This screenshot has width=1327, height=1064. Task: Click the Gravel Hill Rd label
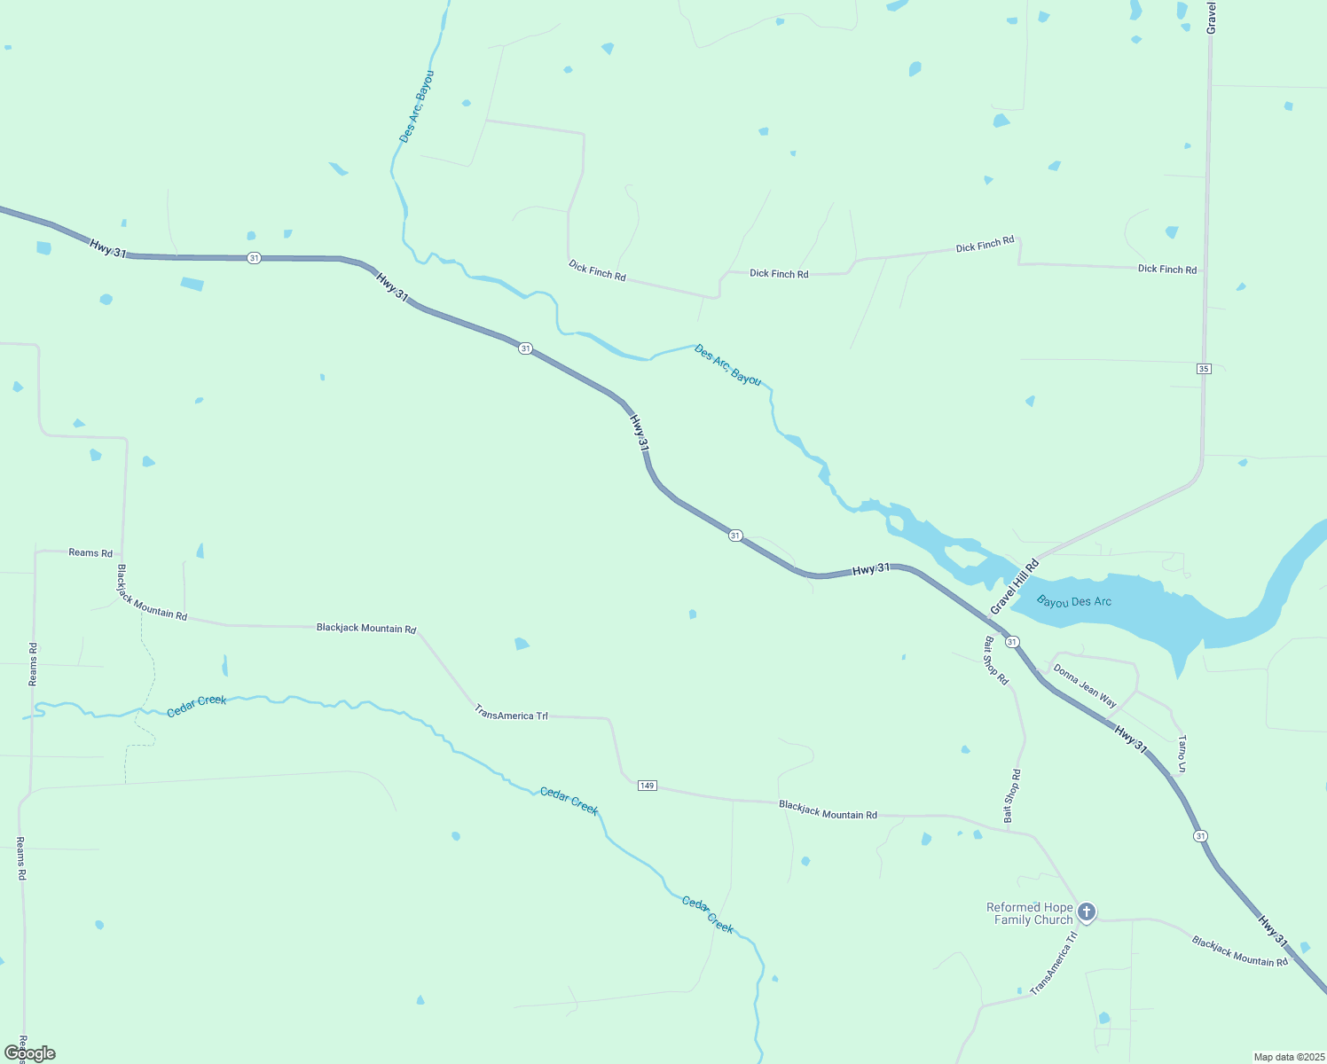point(1014,587)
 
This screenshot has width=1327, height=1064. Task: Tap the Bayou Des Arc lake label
point(1073,602)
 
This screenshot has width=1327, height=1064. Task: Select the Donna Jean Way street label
point(1084,685)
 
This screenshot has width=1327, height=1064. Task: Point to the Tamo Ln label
point(1182,754)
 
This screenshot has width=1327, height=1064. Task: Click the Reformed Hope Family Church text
point(1031,913)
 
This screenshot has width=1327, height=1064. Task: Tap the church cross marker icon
point(1087,911)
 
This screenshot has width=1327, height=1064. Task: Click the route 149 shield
point(647,786)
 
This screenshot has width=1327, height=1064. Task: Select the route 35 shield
point(1203,369)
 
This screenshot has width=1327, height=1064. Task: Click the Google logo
point(30,1053)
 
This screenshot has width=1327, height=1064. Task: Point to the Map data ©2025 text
point(1288,1057)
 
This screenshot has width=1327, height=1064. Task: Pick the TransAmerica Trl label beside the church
point(1054,963)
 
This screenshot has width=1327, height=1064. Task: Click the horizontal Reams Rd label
point(90,553)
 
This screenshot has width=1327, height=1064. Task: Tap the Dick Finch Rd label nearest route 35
point(1166,269)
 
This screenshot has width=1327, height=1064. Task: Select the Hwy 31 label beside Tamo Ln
point(1131,739)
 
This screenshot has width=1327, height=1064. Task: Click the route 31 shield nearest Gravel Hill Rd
point(1012,641)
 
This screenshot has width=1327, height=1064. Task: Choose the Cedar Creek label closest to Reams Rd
point(197,706)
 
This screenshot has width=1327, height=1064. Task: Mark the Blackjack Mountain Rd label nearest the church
point(1239,951)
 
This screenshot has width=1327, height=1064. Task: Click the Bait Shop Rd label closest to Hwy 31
point(995,661)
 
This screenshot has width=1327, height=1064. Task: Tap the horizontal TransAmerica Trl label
point(511,715)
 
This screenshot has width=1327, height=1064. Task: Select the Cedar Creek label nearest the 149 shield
point(569,802)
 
